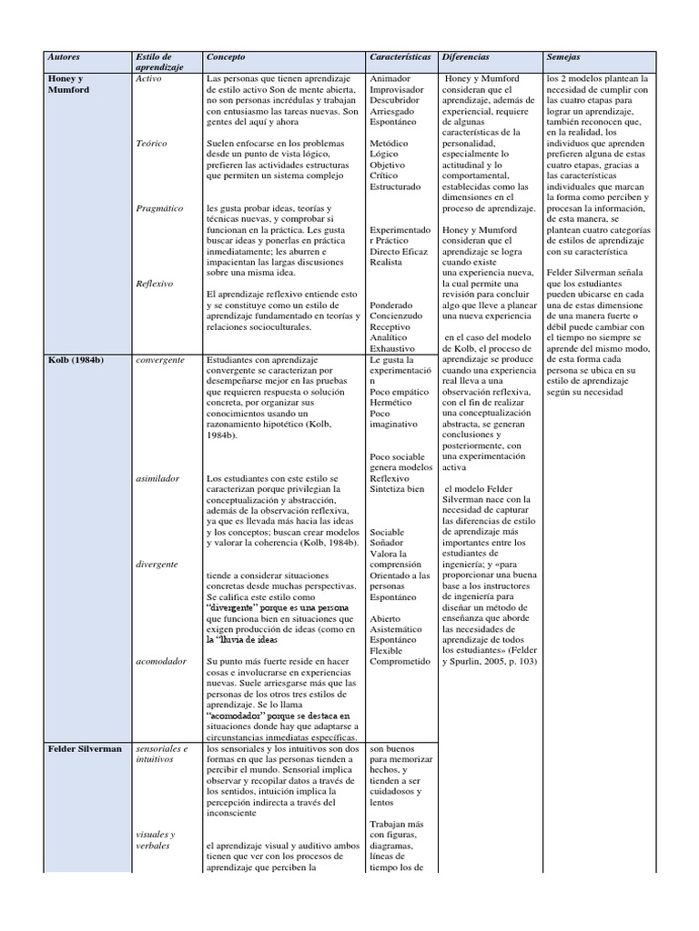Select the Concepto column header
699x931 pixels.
tap(226, 57)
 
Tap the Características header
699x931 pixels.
tap(400, 57)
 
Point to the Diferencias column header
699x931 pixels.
tap(465, 57)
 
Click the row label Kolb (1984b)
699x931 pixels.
tap(76, 360)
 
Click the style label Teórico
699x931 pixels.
tap(151, 144)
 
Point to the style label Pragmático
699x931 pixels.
tap(158, 208)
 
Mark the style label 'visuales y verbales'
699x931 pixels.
tap(155, 840)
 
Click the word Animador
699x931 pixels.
tap(390, 79)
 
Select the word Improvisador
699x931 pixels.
tap(396, 90)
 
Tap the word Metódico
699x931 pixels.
tap(389, 144)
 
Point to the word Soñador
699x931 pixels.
tap(387, 543)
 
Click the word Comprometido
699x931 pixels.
tap(400, 662)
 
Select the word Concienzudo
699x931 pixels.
tap(396, 316)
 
